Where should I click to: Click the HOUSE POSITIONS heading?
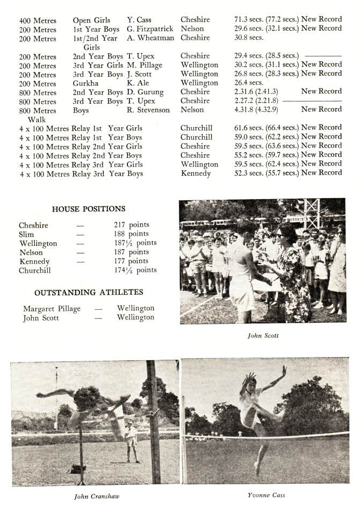click(x=89, y=209)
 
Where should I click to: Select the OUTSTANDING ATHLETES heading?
click(x=89, y=293)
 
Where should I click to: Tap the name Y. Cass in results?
click(x=139, y=20)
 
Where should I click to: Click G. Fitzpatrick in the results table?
click(x=150, y=28)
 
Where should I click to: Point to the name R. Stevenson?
click(x=148, y=110)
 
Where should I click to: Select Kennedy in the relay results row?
click(x=196, y=173)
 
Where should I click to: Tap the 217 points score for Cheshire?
click(x=132, y=225)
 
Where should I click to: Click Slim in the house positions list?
click(x=26, y=235)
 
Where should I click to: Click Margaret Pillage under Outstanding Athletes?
click(x=52, y=309)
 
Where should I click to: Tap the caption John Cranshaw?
click(x=97, y=497)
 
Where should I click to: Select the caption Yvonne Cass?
click(x=267, y=495)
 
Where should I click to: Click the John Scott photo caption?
click(x=263, y=336)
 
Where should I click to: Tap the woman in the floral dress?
click(x=293, y=271)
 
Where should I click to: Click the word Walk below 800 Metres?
click(x=37, y=119)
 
